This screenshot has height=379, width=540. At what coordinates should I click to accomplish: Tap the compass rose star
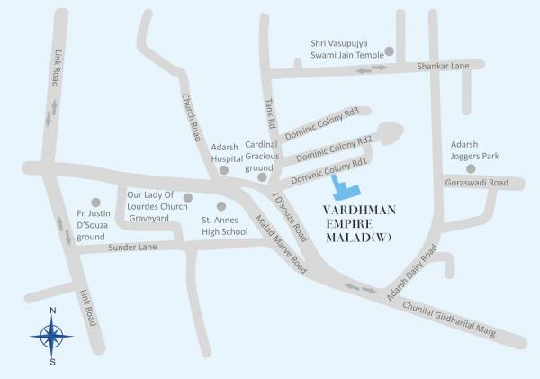click(x=52, y=337)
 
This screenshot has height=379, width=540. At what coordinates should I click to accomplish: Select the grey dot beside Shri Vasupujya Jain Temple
click(x=389, y=50)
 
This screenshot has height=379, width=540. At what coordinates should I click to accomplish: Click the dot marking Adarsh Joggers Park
click(x=470, y=168)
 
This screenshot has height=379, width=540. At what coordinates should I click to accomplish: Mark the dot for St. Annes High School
click(x=221, y=206)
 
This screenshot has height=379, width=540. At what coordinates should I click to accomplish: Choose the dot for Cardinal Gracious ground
click(x=262, y=177)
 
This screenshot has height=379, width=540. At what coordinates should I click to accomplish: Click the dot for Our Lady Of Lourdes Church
click(x=187, y=197)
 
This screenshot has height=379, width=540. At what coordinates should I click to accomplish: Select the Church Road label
click(x=190, y=118)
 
